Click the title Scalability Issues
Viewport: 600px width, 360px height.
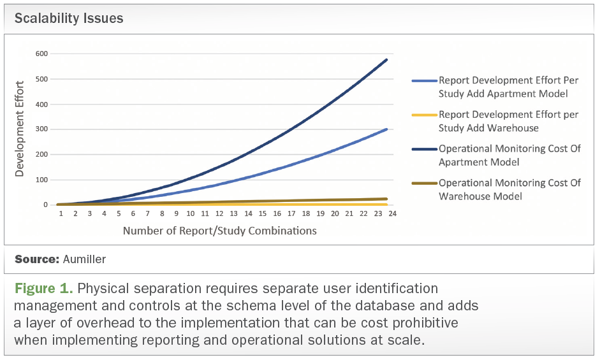pos(69,18)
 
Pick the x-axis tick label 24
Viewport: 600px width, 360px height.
pos(393,215)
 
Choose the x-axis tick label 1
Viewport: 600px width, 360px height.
pos(61,215)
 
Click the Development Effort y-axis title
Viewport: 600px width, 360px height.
pos(20,128)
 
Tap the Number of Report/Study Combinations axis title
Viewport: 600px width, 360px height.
pos(219,231)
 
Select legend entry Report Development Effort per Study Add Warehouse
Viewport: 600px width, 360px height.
pos(508,121)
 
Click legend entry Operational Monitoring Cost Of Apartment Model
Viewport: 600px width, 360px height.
pos(508,155)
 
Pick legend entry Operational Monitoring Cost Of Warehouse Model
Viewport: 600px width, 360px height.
pos(508,189)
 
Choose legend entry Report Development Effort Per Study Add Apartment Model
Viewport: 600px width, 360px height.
pos(508,87)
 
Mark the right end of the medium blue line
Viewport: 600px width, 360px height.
pos(387,129)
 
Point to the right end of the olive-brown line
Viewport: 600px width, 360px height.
pos(387,199)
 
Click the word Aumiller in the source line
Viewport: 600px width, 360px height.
pos(85,260)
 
